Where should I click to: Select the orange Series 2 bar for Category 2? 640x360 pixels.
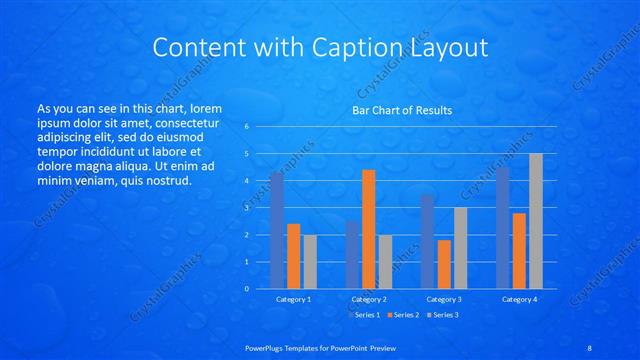click(369, 229)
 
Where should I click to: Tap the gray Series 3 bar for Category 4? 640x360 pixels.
click(536, 221)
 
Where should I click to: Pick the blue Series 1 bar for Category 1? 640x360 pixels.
click(277, 230)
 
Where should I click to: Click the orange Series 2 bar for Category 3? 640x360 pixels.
click(444, 264)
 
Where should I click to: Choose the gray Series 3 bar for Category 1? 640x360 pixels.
click(310, 261)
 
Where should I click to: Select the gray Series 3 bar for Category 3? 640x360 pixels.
click(460, 248)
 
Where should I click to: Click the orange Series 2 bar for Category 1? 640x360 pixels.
click(294, 256)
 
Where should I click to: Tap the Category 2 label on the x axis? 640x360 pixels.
click(369, 299)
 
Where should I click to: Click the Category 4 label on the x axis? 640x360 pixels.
click(519, 299)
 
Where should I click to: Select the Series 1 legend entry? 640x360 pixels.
click(364, 315)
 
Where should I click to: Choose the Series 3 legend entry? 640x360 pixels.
click(443, 315)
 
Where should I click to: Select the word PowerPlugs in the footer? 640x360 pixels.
click(267, 347)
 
